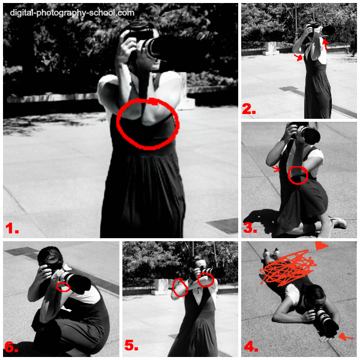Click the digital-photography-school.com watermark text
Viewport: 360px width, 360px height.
pos(72,12)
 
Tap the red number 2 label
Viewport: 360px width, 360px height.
pos(248,109)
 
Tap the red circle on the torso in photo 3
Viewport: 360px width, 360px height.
pos(298,175)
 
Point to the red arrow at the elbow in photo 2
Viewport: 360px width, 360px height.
pos(298,58)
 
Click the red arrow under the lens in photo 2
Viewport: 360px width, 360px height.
pos(326,43)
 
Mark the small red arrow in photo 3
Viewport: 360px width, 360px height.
pos(277,170)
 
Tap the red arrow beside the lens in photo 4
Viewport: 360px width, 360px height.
pos(345,338)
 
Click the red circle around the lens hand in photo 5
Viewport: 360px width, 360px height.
pos(206,279)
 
